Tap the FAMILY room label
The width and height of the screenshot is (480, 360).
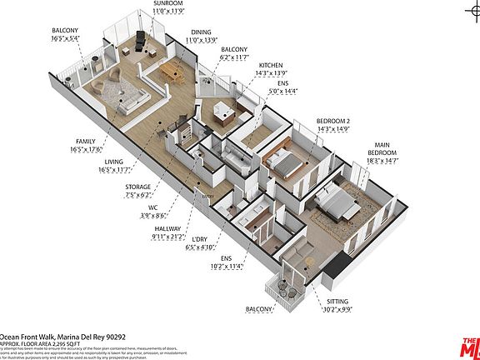pos(84,142)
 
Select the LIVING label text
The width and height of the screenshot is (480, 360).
pos(113,162)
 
